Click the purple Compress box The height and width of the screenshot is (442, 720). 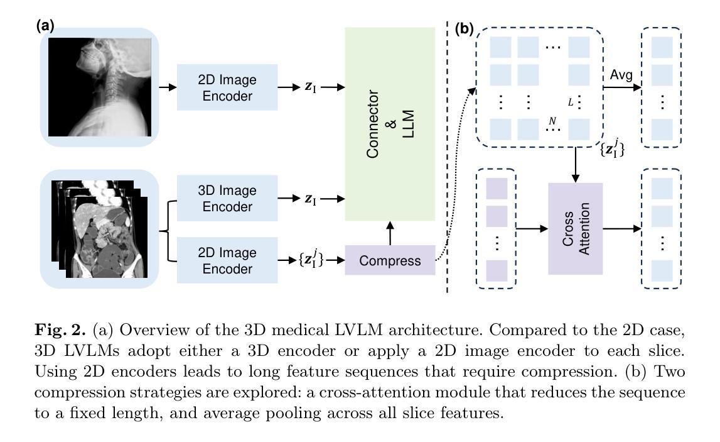(x=390, y=260)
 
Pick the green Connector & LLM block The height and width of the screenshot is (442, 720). (x=390, y=124)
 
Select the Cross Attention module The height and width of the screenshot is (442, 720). (x=576, y=228)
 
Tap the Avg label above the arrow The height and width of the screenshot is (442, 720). (x=621, y=75)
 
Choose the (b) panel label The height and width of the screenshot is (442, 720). (x=464, y=30)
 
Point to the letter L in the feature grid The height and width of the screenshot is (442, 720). (x=571, y=102)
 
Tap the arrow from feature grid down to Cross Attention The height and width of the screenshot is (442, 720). (x=576, y=165)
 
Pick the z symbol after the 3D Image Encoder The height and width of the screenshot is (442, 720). (x=308, y=199)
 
